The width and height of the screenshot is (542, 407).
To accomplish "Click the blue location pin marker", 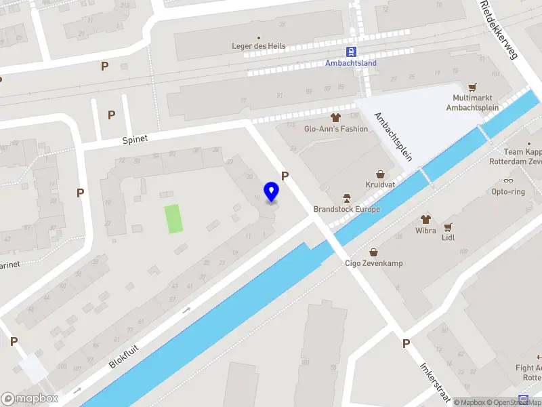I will [x=272, y=191].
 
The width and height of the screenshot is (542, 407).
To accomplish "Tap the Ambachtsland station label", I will [x=351, y=63].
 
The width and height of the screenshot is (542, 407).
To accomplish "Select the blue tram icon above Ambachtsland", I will [x=351, y=52].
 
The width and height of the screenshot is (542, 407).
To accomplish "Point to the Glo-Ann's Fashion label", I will [x=336, y=129].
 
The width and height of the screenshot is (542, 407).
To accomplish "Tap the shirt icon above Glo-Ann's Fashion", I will [x=335, y=118].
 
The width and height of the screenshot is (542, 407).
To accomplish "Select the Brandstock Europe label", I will [x=346, y=209].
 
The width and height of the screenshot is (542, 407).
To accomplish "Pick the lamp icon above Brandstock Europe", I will [x=346, y=198].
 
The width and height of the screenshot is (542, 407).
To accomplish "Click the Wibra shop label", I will [x=425, y=230].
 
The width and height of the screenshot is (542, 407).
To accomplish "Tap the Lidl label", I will [x=448, y=237].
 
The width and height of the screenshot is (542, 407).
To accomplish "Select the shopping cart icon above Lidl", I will [x=447, y=226].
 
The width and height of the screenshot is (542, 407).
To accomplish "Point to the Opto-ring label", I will [x=508, y=191].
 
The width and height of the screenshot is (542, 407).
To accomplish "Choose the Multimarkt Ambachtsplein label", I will [x=472, y=102].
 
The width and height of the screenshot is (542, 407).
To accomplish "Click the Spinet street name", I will [x=135, y=139].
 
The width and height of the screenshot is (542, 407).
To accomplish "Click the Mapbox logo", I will [x=30, y=399].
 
